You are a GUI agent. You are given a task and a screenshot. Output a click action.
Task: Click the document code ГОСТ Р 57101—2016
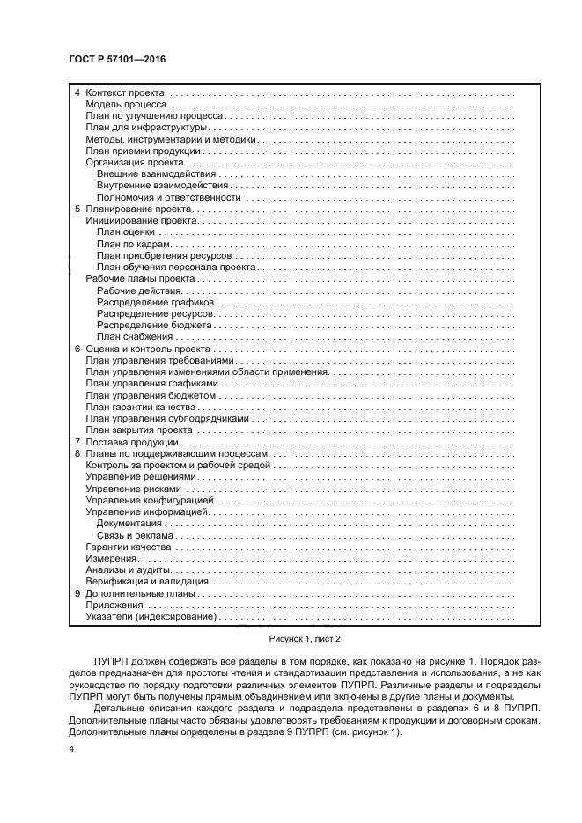(116, 58)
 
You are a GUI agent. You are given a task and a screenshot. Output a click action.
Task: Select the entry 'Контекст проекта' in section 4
(126, 92)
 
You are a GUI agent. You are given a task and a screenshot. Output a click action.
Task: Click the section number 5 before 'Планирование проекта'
(77, 209)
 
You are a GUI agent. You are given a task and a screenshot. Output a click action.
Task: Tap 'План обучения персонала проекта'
(176, 267)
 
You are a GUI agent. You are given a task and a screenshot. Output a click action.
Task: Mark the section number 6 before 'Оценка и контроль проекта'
(77, 349)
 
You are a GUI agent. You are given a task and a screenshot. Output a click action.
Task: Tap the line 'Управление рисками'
(133, 489)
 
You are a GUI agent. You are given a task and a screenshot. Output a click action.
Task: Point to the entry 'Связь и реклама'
(135, 534)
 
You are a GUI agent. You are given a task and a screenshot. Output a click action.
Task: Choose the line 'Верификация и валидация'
(146, 581)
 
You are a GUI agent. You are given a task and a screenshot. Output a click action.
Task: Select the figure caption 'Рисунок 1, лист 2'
(291, 639)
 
